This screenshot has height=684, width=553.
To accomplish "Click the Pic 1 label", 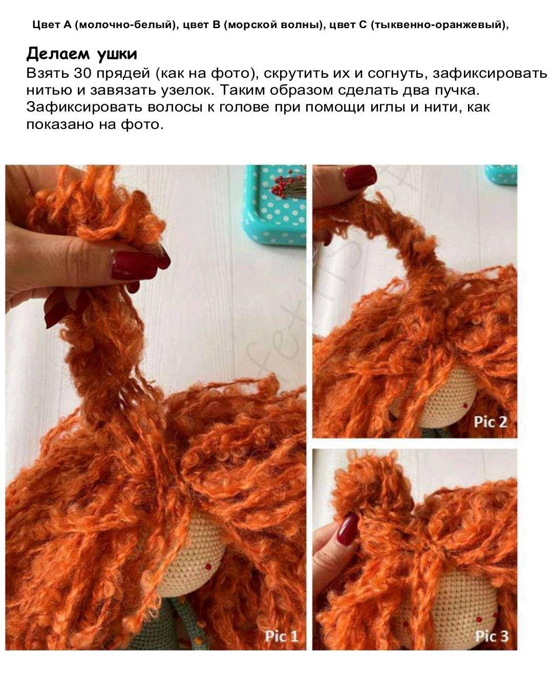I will (x=281, y=636).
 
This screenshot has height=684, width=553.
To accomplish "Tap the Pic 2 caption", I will (x=490, y=422).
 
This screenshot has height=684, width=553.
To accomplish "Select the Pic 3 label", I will (x=492, y=636).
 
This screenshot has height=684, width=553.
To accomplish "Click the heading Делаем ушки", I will (x=81, y=54).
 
